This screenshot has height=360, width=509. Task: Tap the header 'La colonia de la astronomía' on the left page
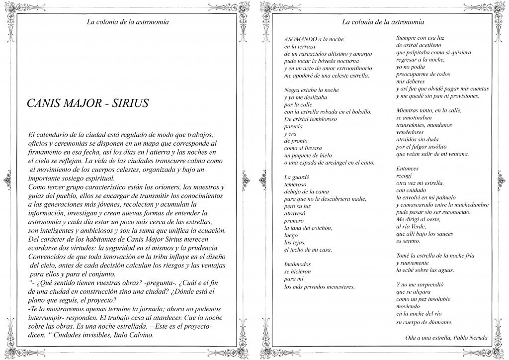[128, 22]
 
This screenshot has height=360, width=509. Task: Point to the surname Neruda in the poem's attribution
[477, 338]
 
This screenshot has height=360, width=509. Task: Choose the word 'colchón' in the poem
[321, 228]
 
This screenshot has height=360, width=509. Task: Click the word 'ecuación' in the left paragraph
[210, 230]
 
